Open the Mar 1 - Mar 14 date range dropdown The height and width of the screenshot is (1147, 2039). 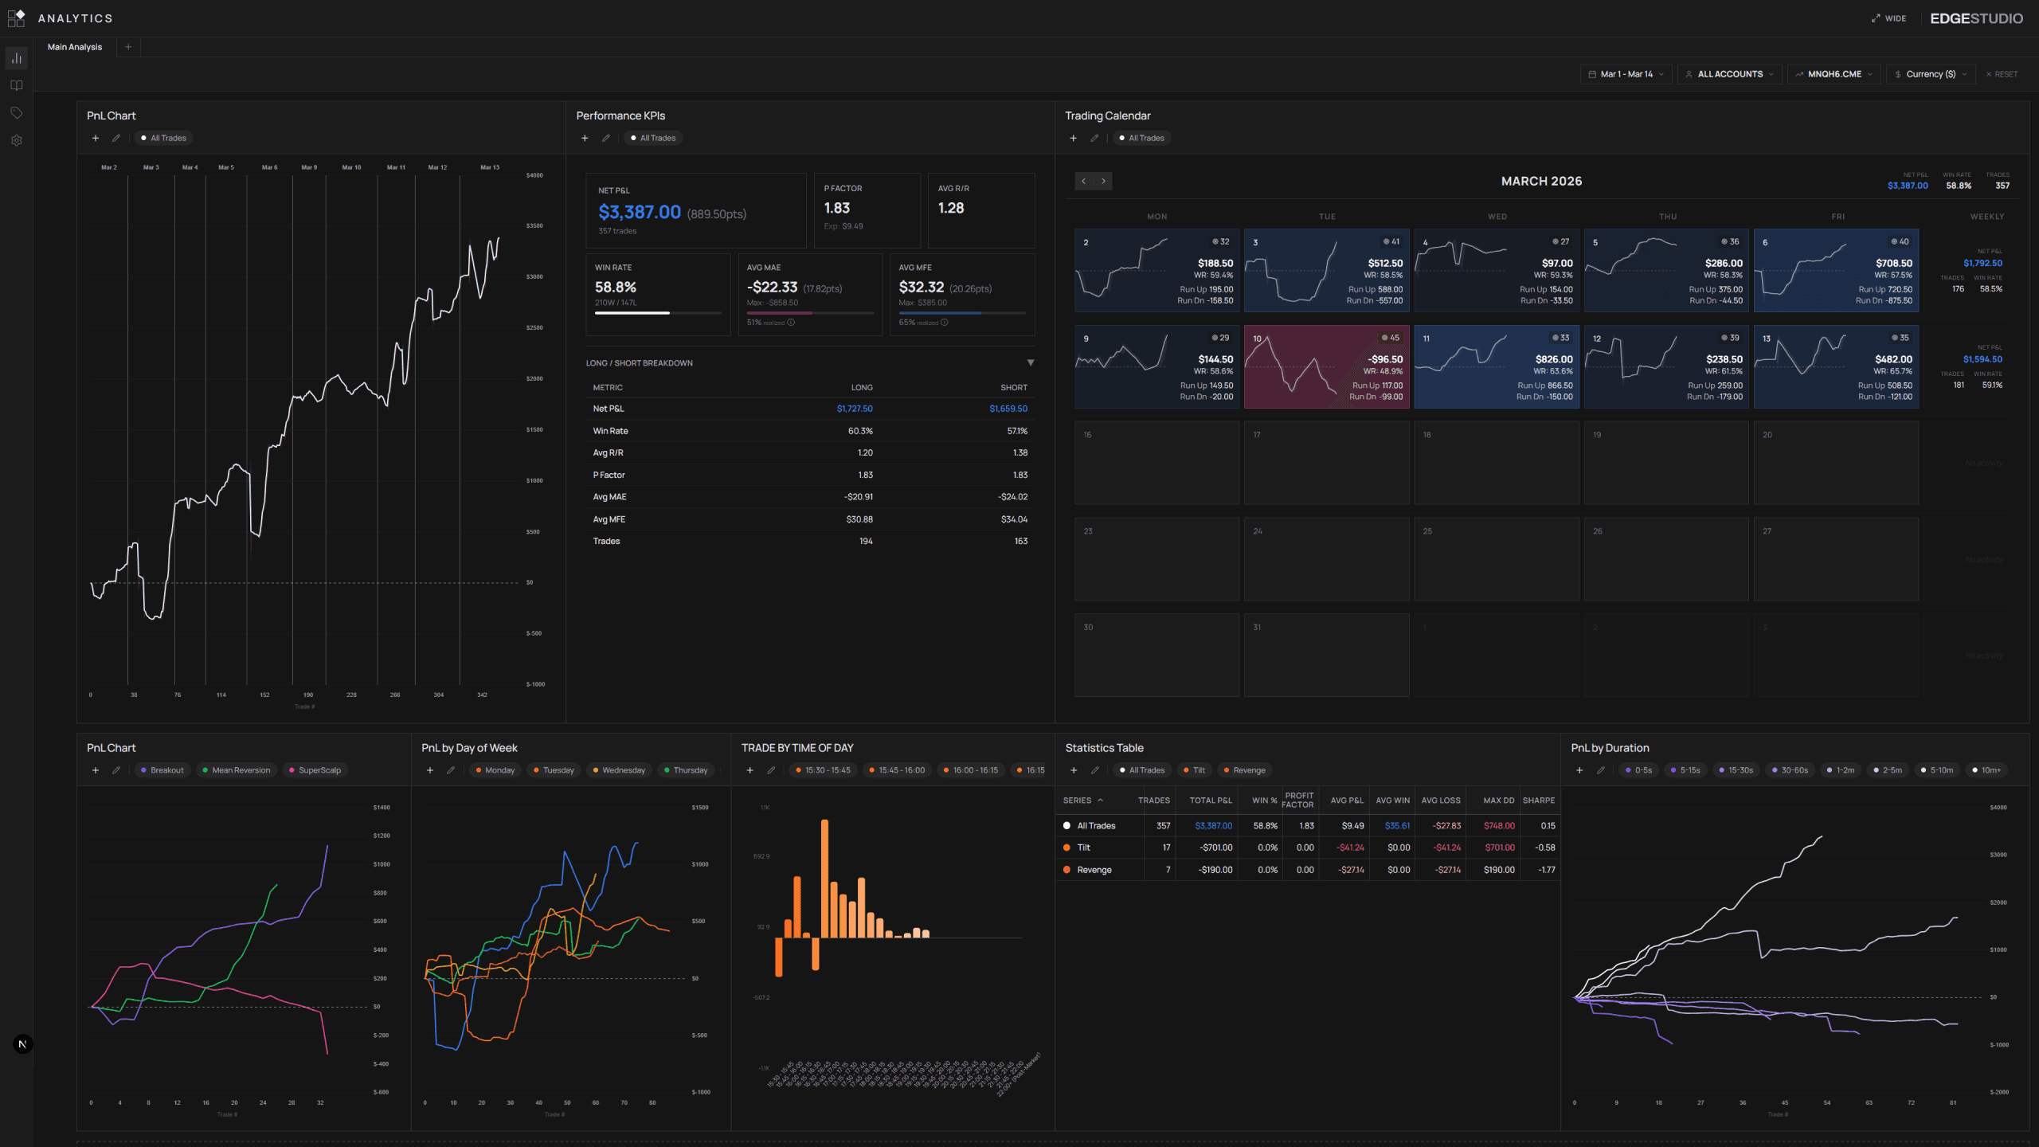point(1625,74)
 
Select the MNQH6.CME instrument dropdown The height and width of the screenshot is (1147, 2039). point(1834,74)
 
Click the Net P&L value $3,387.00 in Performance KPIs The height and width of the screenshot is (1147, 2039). point(640,213)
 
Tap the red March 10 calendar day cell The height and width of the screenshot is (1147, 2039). point(1326,366)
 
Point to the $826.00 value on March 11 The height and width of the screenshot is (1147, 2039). point(1554,359)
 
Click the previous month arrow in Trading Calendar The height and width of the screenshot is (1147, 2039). point(1083,182)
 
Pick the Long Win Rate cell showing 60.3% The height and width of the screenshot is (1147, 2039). point(860,431)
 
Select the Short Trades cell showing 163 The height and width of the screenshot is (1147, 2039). point(1020,541)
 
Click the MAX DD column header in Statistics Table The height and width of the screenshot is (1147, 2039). point(1498,801)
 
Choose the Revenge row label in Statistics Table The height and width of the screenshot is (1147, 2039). point(1094,870)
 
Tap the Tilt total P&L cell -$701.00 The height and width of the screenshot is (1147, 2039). point(1215,848)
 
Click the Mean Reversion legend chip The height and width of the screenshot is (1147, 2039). point(241,770)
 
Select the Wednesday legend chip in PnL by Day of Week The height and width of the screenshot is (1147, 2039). point(623,770)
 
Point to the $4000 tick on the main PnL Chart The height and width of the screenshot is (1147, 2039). point(534,175)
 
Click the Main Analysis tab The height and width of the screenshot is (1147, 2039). point(75,47)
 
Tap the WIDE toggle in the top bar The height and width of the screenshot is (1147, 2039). point(1889,18)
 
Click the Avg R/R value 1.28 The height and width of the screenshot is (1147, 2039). point(951,208)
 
